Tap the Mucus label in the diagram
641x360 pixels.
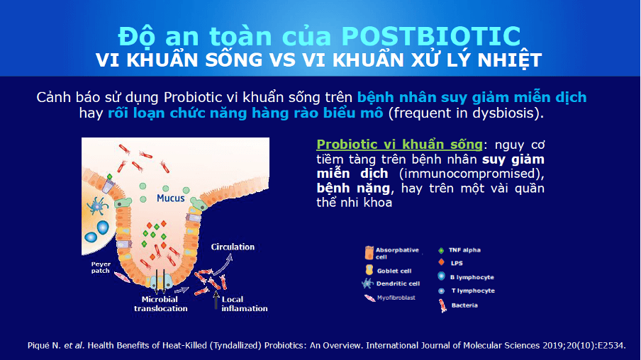point(171,198)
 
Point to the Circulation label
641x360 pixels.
point(233,247)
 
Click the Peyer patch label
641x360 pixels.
point(101,266)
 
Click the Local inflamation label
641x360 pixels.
point(245,304)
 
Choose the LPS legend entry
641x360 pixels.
point(457,263)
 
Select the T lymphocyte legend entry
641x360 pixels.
point(471,291)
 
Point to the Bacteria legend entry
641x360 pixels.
point(464,305)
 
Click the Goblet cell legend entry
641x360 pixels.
point(394,270)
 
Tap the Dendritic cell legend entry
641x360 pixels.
point(397,283)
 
